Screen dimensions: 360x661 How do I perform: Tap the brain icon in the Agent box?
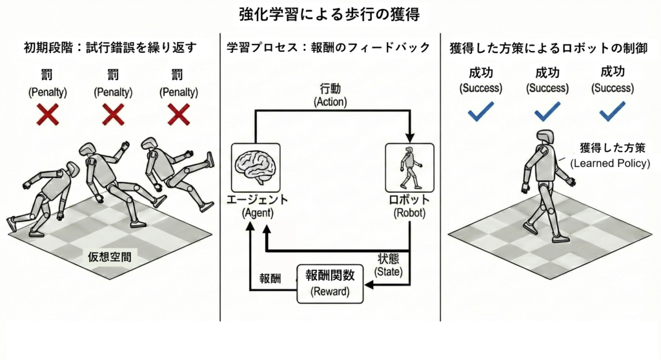(255, 166)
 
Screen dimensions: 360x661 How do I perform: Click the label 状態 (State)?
(391, 265)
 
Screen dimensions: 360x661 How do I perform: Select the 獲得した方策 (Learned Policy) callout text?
(609, 155)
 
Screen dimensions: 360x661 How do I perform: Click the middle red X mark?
(114, 115)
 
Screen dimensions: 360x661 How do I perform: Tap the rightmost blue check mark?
(613, 112)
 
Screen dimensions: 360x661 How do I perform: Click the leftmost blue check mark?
(480, 112)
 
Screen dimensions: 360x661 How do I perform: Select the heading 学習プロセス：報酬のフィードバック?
(330, 48)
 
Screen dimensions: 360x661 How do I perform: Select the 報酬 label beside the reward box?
(270, 279)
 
